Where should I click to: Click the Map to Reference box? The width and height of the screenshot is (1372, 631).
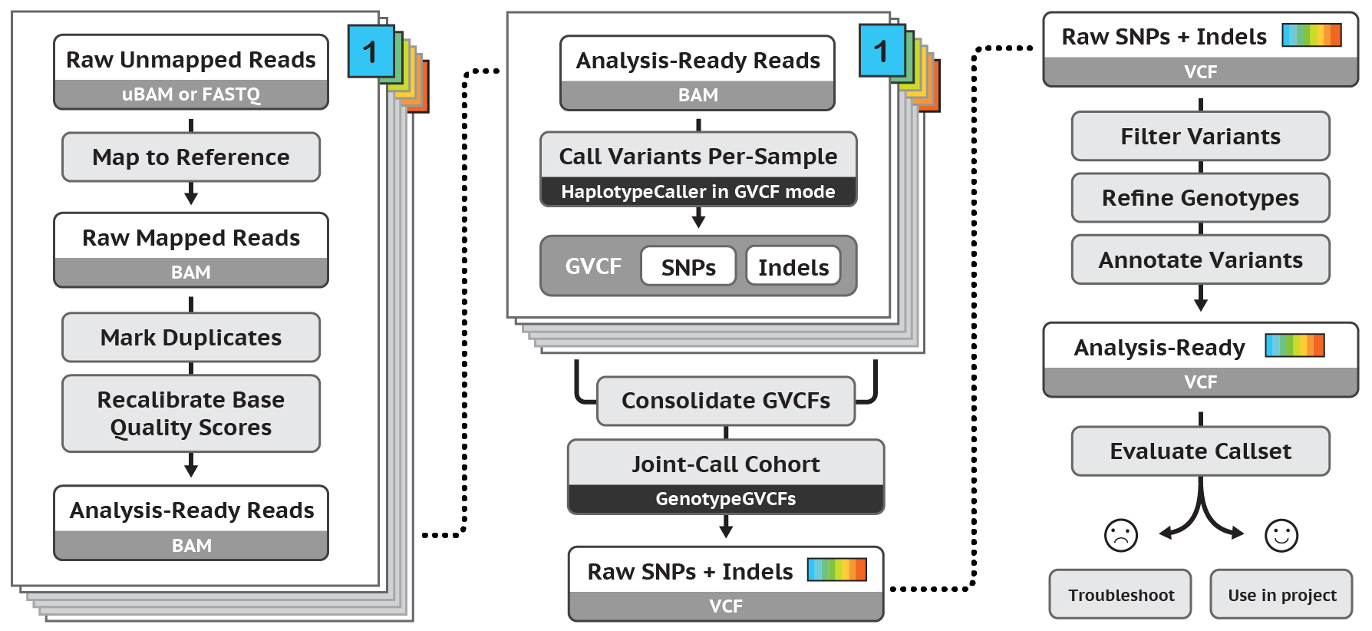point(191,157)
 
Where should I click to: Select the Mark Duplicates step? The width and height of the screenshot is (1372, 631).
point(191,338)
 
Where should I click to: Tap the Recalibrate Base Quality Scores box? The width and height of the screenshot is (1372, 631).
point(191,414)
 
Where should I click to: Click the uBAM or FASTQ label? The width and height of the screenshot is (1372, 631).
point(191,94)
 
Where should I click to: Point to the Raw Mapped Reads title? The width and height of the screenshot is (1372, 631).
point(191,238)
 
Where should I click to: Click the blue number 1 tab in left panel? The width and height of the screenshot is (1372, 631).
point(371,51)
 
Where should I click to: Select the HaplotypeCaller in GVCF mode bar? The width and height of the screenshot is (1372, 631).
point(698,192)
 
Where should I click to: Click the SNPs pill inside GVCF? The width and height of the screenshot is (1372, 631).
point(688,267)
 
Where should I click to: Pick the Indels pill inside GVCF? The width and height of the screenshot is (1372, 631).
point(793,267)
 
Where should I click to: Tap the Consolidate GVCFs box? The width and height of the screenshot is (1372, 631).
point(725,401)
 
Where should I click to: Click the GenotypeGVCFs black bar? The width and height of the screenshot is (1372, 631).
point(725,499)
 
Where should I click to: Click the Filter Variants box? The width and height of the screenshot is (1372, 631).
point(1200,137)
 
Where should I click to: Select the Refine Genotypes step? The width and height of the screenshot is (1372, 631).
point(1200,198)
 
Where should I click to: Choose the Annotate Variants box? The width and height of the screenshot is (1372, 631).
point(1200,260)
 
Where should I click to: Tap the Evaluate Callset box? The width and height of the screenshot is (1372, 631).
point(1200,451)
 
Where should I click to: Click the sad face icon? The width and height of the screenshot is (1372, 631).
point(1120,535)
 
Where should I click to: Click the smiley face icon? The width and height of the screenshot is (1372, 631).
point(1281,535)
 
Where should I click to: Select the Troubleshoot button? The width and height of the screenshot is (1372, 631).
point(1120,595)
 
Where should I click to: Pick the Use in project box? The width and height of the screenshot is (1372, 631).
point(1281,595)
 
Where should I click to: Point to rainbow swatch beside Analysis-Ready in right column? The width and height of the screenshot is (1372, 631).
point(1294,345)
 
